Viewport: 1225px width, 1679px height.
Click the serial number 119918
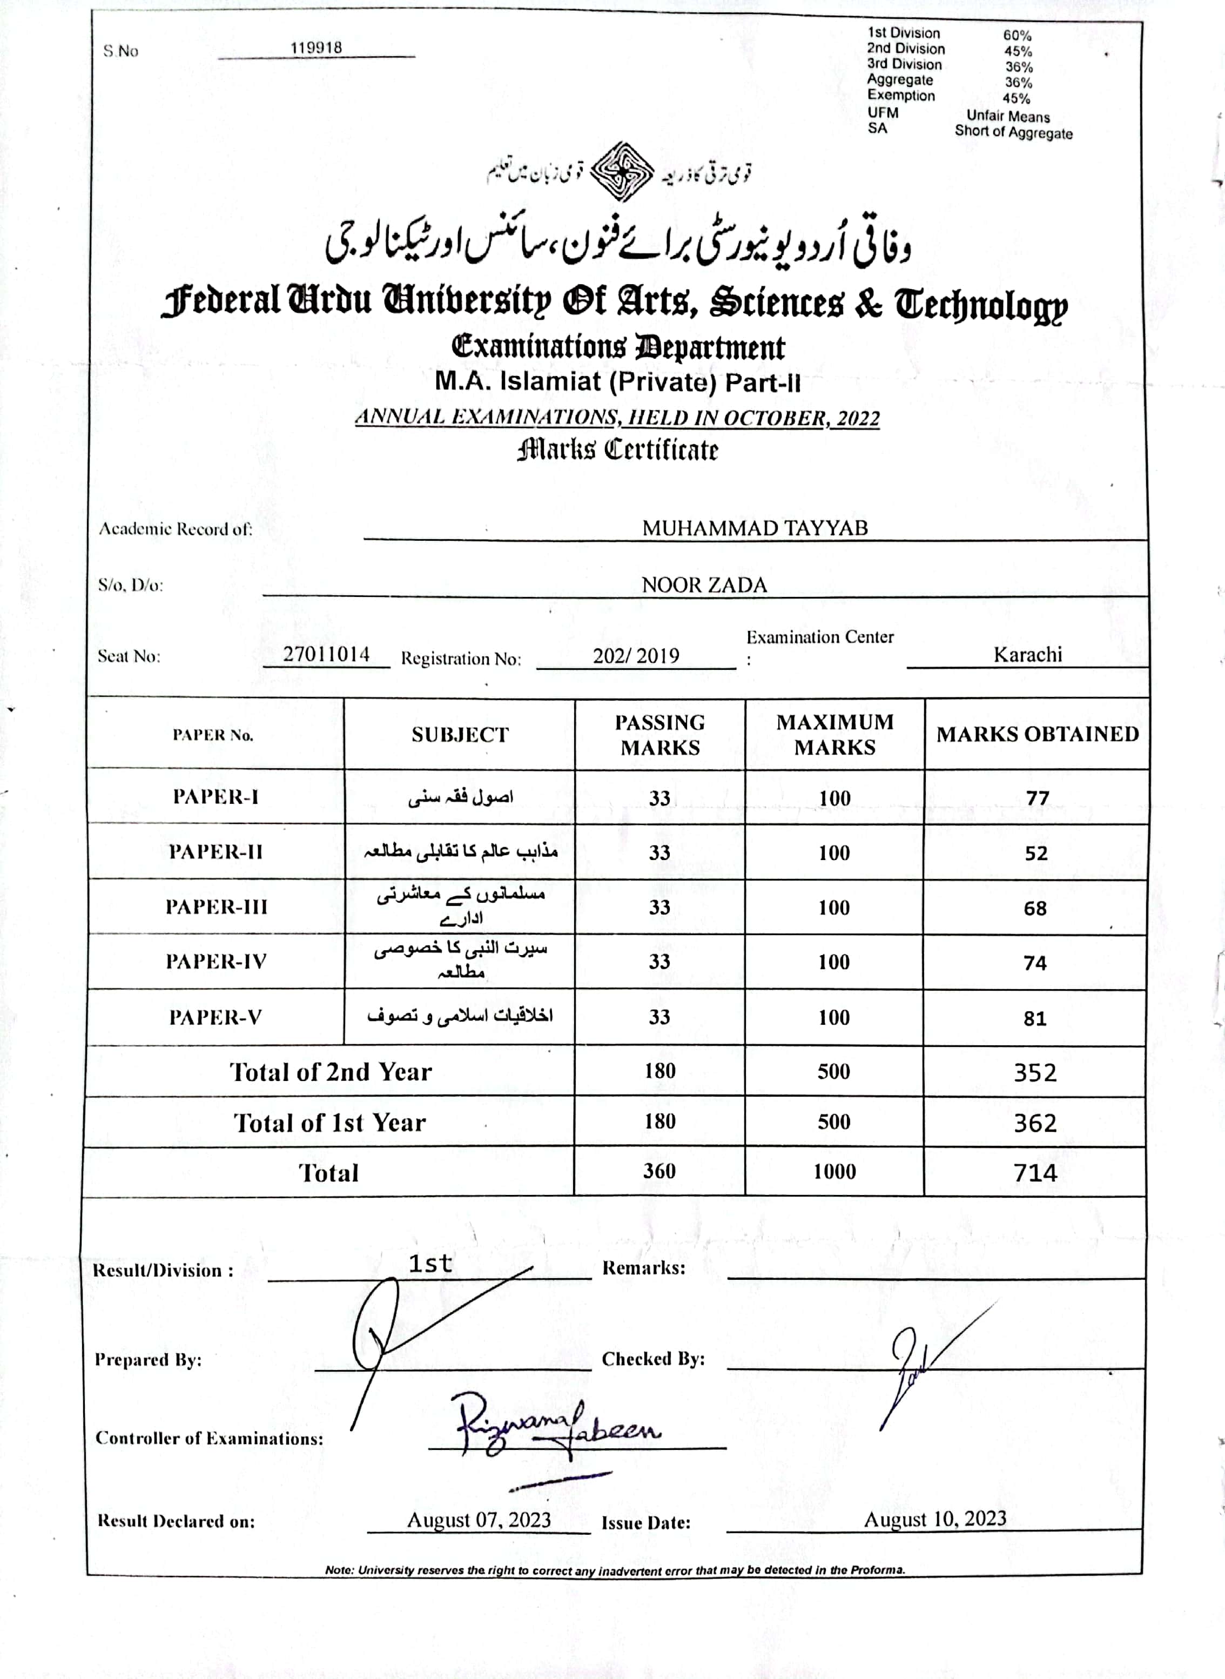pos(316,48)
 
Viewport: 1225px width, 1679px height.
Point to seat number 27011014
pos(326,654)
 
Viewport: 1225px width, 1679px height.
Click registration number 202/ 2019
pos(636,656)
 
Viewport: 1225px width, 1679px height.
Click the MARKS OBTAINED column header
pos(1036,734)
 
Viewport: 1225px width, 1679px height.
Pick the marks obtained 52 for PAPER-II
pos(1036,853)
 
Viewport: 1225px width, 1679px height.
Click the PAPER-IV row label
pos(215,962)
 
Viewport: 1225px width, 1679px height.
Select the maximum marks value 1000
pos(834,1172)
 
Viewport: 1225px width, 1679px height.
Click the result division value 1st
pos(430,1264)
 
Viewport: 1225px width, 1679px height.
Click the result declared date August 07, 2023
pos(479,1520)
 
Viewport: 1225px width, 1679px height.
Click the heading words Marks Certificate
pos(618,449)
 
